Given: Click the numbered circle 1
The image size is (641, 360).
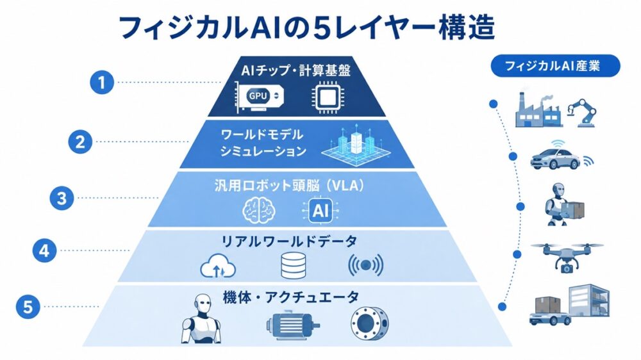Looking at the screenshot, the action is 102,82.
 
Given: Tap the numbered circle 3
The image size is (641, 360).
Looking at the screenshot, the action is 62,198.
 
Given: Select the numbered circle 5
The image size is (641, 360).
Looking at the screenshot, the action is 28,306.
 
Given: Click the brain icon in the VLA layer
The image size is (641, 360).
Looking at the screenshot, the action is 259,211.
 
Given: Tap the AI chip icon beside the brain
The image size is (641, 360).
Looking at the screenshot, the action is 320,211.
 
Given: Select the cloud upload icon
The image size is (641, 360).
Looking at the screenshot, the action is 219,266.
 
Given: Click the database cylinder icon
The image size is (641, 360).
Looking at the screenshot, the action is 294,266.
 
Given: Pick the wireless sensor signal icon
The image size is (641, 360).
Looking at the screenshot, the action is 365,265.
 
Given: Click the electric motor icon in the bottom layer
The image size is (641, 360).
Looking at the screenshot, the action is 293,325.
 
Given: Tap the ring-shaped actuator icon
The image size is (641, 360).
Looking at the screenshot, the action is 370,324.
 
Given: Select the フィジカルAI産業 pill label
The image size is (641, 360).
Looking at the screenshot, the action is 555,66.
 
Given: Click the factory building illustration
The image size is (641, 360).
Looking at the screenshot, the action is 538,110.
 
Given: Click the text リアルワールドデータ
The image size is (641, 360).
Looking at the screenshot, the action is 289,241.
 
